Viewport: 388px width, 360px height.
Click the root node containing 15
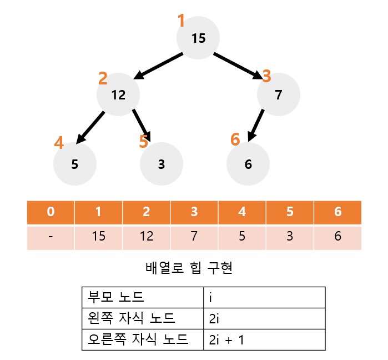[x=198, y=38]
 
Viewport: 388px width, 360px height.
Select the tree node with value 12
[x=118, y=94]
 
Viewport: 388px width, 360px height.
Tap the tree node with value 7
[x=279, y=94]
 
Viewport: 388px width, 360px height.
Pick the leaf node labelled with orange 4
[x=75, y=164]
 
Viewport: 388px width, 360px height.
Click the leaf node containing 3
[x=162, y=164]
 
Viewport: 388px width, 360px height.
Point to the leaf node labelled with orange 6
[x=248, y=164]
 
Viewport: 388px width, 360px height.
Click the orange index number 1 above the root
[x=182, y=21]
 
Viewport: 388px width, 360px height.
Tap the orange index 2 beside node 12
[x=103, y=78]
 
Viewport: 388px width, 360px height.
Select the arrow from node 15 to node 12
[x=158, y=66]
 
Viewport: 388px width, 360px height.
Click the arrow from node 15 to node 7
[x=238, y=66]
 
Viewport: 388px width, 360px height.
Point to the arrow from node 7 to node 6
[x=256, y=126]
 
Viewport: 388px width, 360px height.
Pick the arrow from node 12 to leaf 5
[x=90, y=128]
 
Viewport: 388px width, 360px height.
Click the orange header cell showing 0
[x=51, y=212]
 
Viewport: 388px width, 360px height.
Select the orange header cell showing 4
[x=242, y=212]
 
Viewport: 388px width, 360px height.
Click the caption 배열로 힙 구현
[x=189, y=268]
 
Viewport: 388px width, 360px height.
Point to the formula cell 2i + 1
[x=264, y=339]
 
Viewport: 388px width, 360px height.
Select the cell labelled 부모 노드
[x=143, y=297]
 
